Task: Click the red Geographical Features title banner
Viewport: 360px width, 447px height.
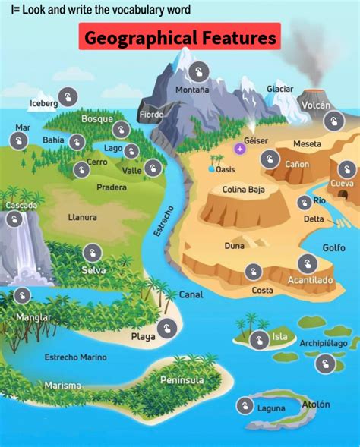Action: tap(179, 37)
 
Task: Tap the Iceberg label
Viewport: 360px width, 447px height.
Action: tap(43, 103)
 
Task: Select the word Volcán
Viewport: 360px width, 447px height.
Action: tap(315, 105)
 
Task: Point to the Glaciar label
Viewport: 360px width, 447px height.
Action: tap(279, 89)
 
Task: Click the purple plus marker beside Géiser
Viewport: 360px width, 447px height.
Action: tap(240, 148)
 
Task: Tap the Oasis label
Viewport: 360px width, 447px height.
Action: tap(226, 169)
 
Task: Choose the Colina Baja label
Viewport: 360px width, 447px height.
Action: tap(243, 190)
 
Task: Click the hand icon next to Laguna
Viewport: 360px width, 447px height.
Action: tap(244, 406)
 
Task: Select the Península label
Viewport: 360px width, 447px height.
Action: tap(182, 379)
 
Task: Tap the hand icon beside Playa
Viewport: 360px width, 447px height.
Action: tap(169, 329)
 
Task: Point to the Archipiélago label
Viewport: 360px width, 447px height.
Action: tap(323, 343)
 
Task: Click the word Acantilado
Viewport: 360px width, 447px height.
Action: tap(310, 280)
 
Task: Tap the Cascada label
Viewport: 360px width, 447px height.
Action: tap(21, 206)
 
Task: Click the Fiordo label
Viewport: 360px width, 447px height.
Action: tap(151, 115)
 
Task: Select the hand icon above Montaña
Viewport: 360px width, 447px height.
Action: tap(197, 73)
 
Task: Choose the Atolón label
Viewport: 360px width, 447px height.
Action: tap(317, 405)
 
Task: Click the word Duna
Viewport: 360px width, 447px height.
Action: tap(234, 246)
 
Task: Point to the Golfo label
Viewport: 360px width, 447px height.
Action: tap(333, 247)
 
